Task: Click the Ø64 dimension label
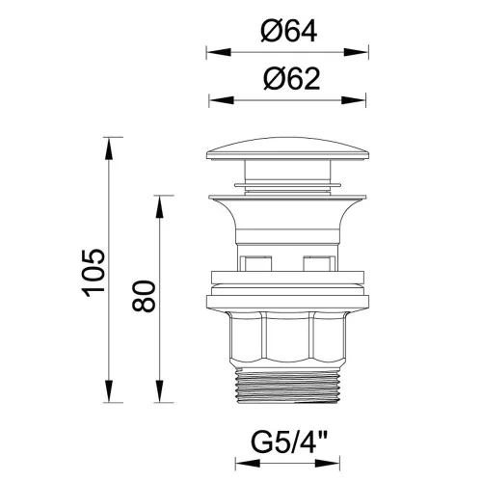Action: (288, 31)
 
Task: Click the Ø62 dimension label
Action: (292, 79)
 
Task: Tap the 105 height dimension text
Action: (94, 273)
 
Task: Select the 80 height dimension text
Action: (144, 296)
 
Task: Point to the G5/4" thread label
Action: (289, 442)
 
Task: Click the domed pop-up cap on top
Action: (287, 148)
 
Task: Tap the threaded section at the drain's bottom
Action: (287, 387)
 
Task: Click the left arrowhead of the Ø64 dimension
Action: (219, 52)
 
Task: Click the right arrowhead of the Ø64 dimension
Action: (356, 52)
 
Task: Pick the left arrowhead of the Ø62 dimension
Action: (222, 100)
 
